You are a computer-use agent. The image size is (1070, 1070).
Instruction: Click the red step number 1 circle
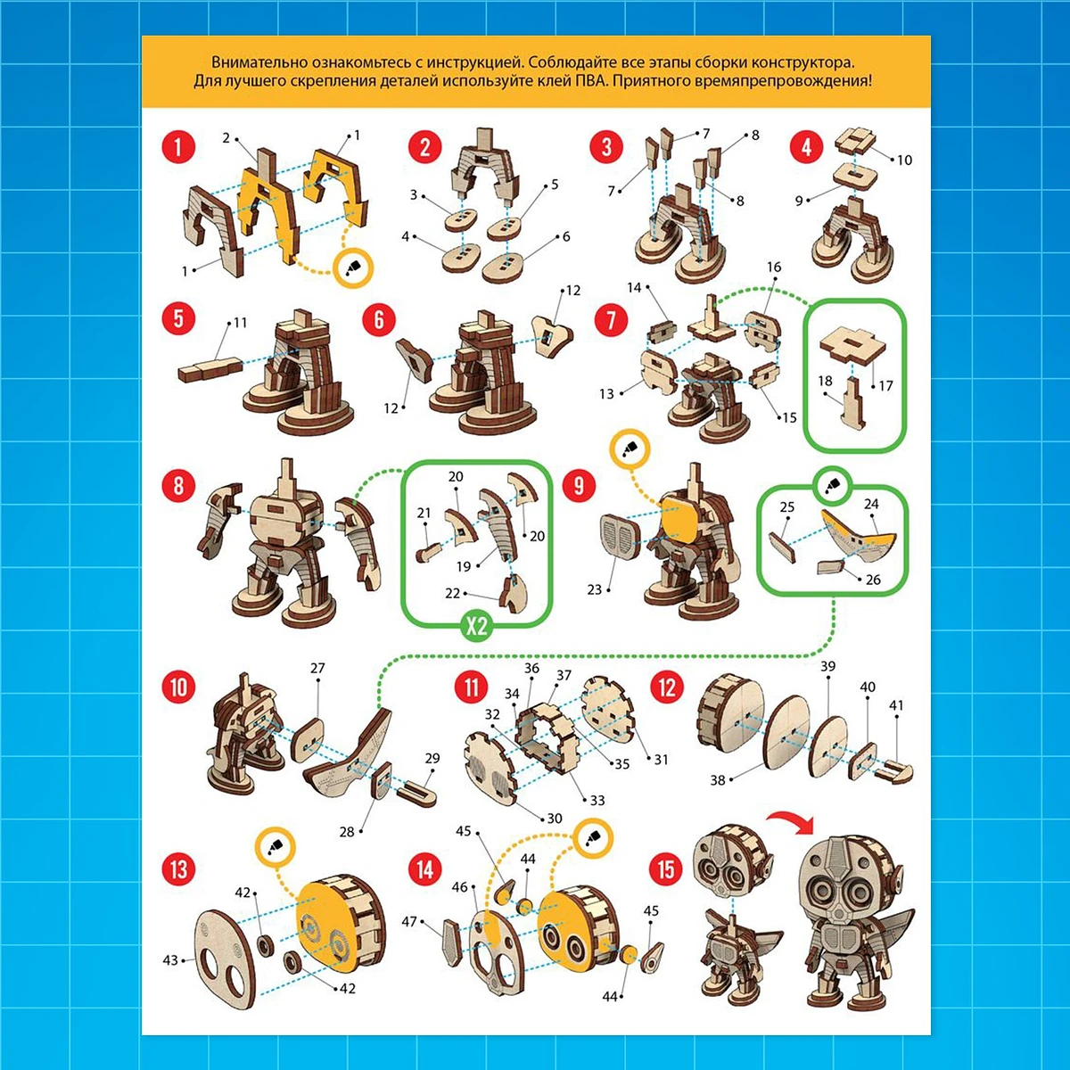(178, 147)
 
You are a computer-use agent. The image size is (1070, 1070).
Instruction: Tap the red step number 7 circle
(611, 320)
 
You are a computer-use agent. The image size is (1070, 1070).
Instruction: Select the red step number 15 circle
(666, 869)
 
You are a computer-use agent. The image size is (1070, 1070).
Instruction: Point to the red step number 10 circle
(178, 687)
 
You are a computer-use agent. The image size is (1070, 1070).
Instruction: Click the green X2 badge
(476, 626)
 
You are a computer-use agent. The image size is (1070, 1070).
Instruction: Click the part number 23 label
(594, 589)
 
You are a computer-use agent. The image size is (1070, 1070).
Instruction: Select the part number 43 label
(170, 959)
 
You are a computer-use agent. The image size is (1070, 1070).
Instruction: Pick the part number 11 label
(240, 323)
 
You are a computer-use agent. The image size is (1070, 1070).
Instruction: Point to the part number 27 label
(317, 668)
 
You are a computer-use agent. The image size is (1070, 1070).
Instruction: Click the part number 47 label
(409, 921)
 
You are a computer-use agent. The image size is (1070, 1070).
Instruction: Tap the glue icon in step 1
(353, 268)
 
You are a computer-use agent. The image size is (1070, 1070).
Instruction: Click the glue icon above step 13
(275, 847)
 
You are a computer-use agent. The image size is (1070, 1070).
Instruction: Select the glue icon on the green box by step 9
(831, 487)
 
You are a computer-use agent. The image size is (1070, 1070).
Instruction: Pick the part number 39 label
(827, 666)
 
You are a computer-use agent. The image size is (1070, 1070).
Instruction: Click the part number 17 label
(885, 385)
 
